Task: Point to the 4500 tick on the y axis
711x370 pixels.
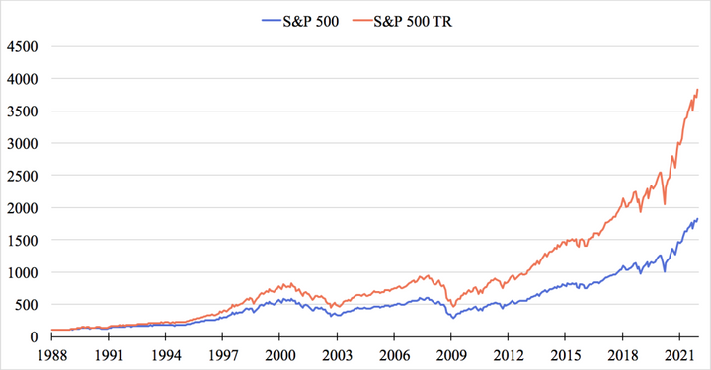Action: point(22,45)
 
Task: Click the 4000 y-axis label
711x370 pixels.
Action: point(22,78)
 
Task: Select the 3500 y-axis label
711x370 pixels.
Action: point(22,111)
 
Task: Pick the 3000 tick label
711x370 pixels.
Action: point(22,143)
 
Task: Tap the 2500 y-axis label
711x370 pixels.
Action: point(22,176)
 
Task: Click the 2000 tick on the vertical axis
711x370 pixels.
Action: point(22,208)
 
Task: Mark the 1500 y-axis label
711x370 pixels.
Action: point(22,241)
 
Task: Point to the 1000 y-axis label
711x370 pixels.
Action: point(22,272)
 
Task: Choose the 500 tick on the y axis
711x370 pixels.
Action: point(26,305)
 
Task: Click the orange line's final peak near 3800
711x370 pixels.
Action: point(698,90)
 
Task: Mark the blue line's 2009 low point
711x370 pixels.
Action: point(453,318)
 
